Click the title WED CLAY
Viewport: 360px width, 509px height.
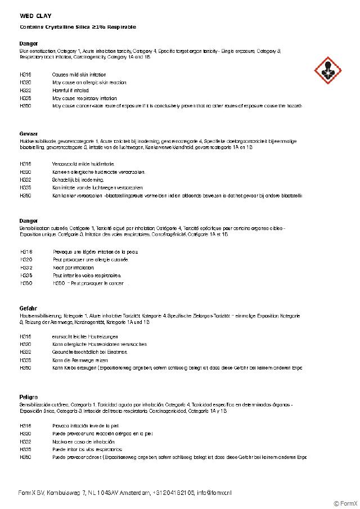35,16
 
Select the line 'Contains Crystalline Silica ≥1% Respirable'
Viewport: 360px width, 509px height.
78,27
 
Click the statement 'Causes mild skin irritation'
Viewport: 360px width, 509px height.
79,75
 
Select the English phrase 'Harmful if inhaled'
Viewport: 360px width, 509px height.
70,90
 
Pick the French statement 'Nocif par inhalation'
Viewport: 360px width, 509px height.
73,268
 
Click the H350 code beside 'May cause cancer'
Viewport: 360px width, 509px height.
25,106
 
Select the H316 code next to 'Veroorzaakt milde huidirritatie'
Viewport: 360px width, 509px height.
25,164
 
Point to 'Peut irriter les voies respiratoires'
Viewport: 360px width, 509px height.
87,276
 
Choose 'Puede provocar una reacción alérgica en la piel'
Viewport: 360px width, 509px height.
102,434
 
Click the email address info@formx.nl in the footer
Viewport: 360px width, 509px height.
214,493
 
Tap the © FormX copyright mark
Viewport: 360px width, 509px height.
345,503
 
